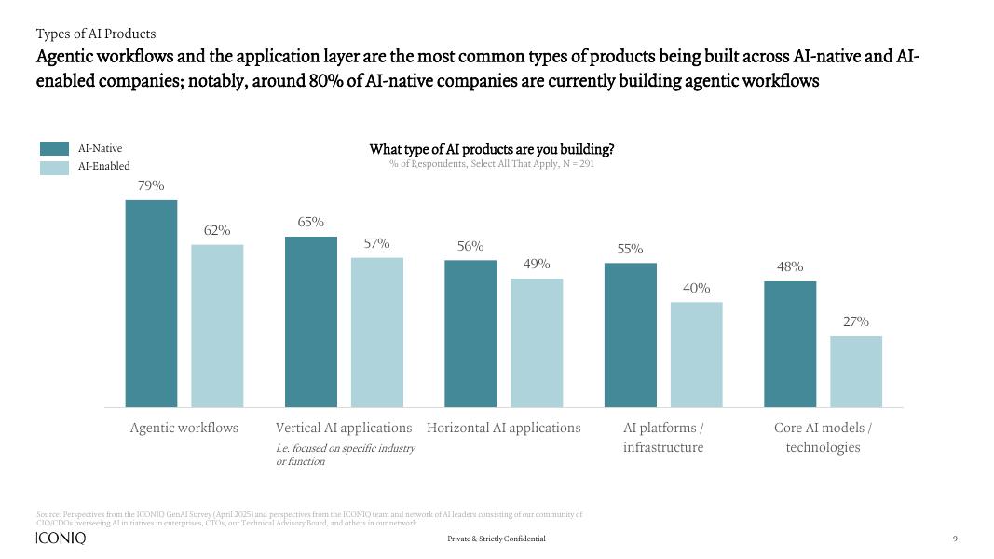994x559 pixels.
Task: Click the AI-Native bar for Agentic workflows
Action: (151, 303)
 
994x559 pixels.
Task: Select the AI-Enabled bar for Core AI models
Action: (856, 371)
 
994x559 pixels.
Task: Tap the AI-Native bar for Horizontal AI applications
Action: (470, 333)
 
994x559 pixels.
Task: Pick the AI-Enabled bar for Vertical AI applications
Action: (377, 332)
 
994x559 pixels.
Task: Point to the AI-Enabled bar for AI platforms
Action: (697, 354)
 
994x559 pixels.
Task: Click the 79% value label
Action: (151, 186)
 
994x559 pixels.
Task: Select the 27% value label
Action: (856, 322)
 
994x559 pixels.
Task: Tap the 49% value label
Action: (537, 265)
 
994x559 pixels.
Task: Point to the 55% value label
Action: (631, 250)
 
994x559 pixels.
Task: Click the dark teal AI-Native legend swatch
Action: (55, 148)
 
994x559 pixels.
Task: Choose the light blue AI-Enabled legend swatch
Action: (55, 168)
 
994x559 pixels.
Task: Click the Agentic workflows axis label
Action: (184, 429)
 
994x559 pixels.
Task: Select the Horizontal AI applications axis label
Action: (503, 429)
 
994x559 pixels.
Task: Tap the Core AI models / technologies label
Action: (823, 438)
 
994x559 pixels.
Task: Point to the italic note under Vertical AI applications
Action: (345, 455)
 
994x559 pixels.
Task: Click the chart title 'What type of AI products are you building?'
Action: (492, 149)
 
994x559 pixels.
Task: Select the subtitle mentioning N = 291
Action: (492, 164)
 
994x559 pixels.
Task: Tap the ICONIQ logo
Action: (60, 539)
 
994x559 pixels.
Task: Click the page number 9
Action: (955, 539)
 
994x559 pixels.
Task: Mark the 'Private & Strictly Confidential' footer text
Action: (497, 539)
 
